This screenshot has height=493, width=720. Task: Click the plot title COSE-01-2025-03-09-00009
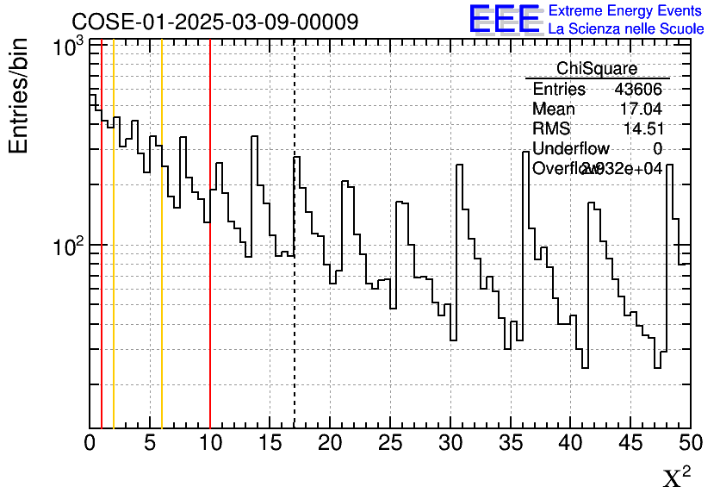coord(214,22)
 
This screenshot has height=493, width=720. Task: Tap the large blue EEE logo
coord(504,19)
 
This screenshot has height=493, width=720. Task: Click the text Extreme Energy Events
coord(625,10)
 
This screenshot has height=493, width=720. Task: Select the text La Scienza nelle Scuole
coord(625,28)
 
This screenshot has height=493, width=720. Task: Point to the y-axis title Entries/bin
coord(19,96)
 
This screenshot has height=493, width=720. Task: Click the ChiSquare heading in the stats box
coord(597,69)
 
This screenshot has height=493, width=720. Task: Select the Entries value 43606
coord(638,90)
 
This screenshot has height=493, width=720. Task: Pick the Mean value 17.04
coord(641,109)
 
